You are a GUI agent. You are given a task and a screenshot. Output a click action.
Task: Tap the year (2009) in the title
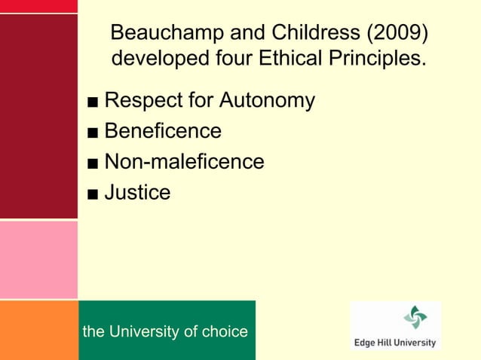[x=397, y=34]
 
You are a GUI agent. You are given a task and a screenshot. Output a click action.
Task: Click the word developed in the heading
[x=157, y=58]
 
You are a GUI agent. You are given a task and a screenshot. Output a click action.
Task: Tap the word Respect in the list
[x=141, y=101]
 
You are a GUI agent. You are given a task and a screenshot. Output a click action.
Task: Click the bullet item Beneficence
[x=163, y=132]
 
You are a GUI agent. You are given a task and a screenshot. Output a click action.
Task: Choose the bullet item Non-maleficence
[x=184, y=162]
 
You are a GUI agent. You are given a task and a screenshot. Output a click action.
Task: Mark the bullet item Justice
[x=137, y=193]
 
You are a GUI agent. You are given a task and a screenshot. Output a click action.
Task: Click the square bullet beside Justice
[x=92, y=194]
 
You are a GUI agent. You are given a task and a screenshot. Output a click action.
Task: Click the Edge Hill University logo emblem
[x=415, y=317]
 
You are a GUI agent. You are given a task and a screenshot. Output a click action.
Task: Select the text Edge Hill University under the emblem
[x=395, y=343]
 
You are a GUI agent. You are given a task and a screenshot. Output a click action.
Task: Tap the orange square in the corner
[x=38, y=330]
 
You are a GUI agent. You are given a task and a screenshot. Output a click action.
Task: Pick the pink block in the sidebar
[x=38, y=260]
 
